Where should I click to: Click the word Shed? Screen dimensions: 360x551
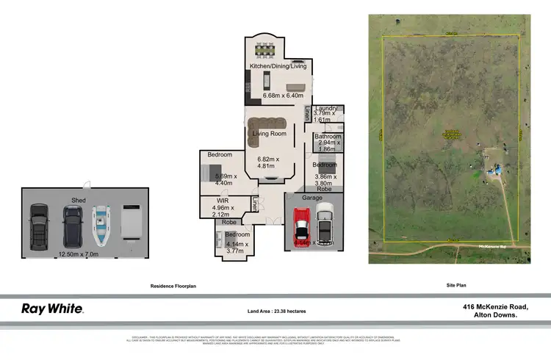tap(79, 200)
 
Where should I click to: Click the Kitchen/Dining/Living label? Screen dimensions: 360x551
tap(278, 67)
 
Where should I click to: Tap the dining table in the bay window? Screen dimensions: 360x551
tap(264, 51)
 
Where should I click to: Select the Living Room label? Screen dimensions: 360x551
tap(270, 134)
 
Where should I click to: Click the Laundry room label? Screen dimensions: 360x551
tap(325, 109)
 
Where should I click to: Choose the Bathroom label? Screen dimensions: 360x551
tap(328, 137)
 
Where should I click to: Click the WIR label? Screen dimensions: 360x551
tap(223, 200)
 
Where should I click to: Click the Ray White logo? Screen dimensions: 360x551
tap(51, 309)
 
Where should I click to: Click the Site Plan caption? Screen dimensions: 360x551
tap(456, 285)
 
